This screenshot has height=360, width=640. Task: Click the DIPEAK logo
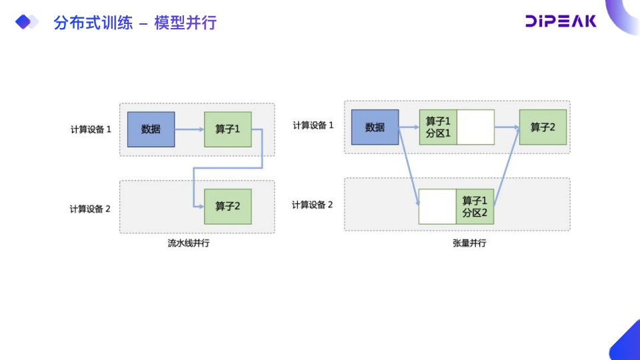tap(561, 21)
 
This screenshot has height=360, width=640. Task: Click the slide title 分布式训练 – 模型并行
tap(135, 23)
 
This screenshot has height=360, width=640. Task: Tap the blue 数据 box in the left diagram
tap(151, 129)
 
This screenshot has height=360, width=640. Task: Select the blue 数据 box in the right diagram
tap(375, 127)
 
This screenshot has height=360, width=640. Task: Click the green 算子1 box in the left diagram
tap(228, 129)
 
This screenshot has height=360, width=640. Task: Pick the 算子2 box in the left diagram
tap(228, 206)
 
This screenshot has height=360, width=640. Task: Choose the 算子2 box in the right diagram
tap(543, 127)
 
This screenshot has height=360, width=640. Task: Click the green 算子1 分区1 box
tap(438, 127)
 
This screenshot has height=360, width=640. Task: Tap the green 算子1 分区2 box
tap(475, 207)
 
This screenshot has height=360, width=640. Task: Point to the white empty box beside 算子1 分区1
tap(475, 127)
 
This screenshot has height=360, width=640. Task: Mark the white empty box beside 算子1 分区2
tap(437, 207)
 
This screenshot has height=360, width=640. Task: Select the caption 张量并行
tap(469, 243)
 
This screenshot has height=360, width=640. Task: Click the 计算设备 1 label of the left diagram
tap(91, 129)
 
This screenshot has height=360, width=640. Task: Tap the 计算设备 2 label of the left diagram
tap(90, 209)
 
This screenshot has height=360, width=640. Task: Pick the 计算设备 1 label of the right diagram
tap(313, 125)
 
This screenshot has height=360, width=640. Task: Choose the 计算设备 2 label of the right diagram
tap(313, 205)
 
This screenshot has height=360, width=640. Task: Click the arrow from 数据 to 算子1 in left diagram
tap(190, 129)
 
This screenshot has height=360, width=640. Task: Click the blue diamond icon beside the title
tap(25, 23)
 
